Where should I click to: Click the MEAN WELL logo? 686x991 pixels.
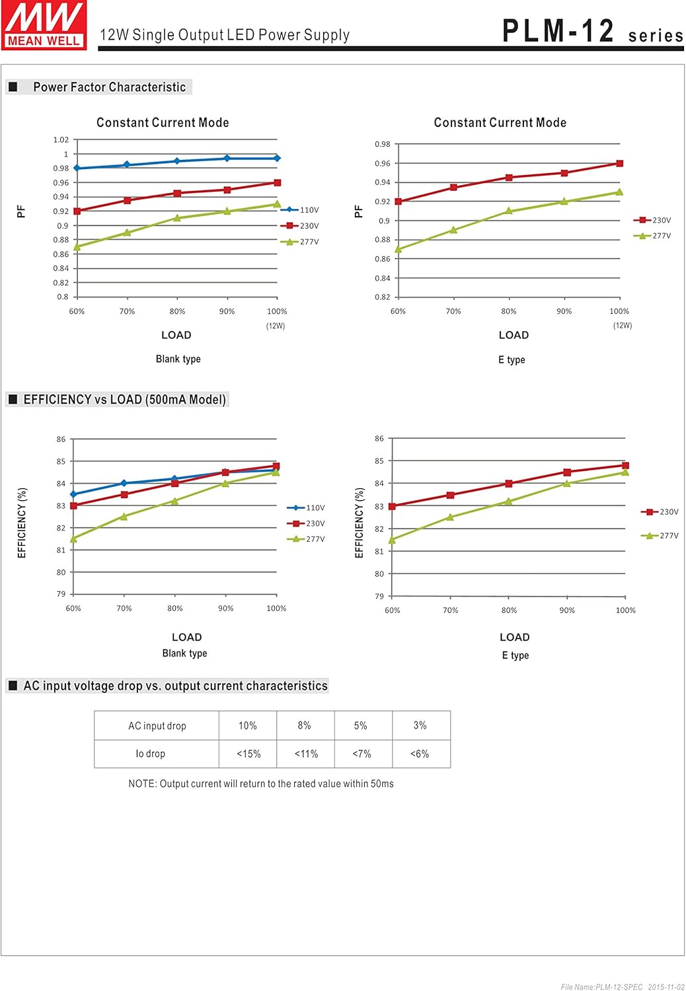[x=44, y=25]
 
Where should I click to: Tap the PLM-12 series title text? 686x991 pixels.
[x=592, y=32]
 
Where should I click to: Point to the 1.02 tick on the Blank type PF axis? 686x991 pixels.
[x=61, y=140]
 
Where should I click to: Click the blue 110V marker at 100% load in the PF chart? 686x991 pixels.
[x=277, y=159]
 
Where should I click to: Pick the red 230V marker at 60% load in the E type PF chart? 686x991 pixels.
[x=398, y=202]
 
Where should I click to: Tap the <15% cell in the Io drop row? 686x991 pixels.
[x=248, y=754]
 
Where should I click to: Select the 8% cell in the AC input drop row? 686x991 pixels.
[x=305, y=725]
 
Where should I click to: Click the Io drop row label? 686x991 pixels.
[x=151, y=754]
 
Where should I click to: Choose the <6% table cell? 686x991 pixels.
[x=420, y=754]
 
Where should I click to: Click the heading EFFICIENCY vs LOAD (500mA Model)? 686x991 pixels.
[x=124, y=400]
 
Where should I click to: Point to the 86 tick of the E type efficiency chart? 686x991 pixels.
[x=379, y=439]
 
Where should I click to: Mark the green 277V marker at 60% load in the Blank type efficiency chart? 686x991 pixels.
[x=73, y=539]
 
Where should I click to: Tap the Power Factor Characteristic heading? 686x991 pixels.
[x=109, y=87]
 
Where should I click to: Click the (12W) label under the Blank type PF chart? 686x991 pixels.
[x=276, y=326]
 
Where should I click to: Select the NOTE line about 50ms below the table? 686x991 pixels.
[x=260, y=784]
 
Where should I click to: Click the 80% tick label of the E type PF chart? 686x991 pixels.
[x=509, y=311]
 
